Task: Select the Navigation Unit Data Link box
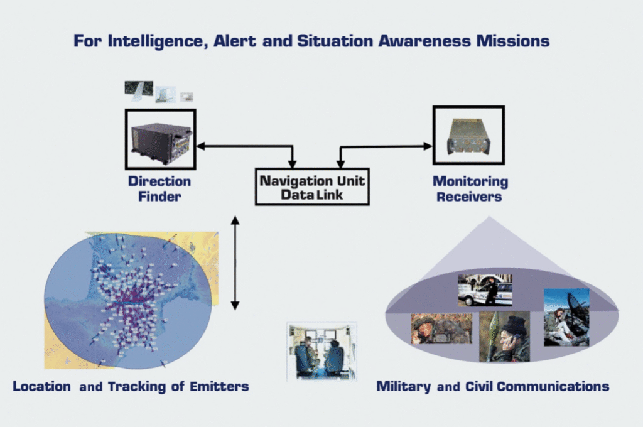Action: tap(312, 186)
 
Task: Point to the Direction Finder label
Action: tap(159, 188)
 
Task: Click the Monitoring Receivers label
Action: tap(470, 189)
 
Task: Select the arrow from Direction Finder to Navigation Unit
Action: tap(245, 147)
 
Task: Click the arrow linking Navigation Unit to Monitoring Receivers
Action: tap(386, 147)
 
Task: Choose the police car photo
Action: tap(484, 290)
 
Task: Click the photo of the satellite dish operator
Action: tap(566, 317)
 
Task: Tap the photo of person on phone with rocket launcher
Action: tap(504, 337)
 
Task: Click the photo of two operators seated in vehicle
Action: tap(321, 351)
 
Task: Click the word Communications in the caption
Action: tap(554, 386)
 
